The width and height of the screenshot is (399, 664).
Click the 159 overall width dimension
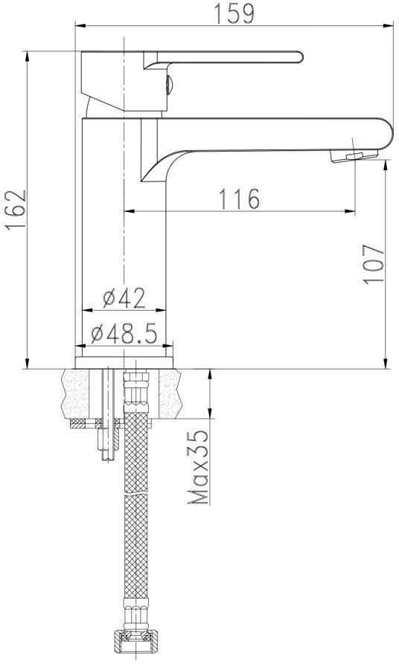click(x=234, y=13)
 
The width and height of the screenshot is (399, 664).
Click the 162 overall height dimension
click(x=16, y=210)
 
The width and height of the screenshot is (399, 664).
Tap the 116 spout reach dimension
click(x=239, y=199)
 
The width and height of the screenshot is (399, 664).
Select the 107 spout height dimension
click(x=373, y=263)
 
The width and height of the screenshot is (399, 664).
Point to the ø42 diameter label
click(x=124, y=298)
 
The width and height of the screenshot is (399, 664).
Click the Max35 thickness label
click(x=199, y=467)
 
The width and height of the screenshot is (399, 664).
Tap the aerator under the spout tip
click(x=354, y=155)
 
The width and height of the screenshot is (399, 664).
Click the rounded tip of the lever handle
click(x=299, y=57)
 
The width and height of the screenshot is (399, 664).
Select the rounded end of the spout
click(x=386, y=134)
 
